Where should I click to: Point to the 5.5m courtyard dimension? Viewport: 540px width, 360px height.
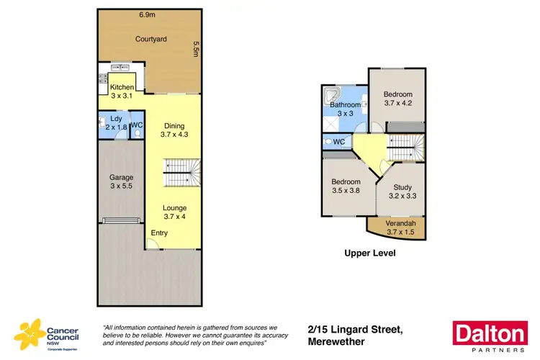tap(194, 49)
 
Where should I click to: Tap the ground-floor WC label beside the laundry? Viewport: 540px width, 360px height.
tap(138, 125)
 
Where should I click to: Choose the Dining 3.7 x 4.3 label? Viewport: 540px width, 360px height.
tap(174, 129)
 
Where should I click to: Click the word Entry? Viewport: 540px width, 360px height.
tap(159, 233)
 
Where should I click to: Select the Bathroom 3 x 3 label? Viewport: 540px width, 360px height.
tap(346, 109)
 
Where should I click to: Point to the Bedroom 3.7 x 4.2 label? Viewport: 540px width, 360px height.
tap(397, 99)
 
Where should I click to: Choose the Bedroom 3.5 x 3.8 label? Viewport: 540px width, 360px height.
tap(346, 186)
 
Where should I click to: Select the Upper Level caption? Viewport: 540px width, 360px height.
tap(370, 253)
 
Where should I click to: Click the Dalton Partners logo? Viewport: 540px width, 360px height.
tap(489, 336)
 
